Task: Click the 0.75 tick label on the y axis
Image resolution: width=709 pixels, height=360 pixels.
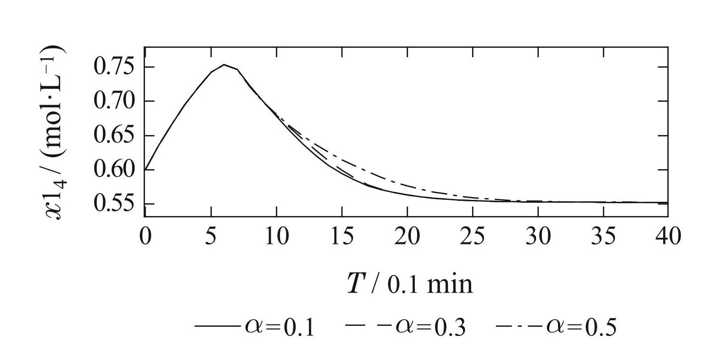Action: click(114, 67)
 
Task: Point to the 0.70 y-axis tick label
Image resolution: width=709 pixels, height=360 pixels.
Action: click(114, 101)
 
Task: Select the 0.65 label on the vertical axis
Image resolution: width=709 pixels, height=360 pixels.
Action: click(114, 135)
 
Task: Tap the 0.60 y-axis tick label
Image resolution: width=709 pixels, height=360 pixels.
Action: click(114, 170)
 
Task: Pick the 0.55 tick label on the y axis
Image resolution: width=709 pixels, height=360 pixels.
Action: click(114, 204)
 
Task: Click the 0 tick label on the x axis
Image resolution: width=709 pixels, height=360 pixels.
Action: click(145, 235)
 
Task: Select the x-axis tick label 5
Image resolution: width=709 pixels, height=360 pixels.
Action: click(210, 235)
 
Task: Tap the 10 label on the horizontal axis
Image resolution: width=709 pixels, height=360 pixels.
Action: click(276, 235)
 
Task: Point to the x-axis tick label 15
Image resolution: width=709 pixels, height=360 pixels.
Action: click(341, 235)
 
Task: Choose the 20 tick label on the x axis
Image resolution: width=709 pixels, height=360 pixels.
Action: click(407, 235)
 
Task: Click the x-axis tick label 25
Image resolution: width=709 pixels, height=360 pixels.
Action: click(472, 235)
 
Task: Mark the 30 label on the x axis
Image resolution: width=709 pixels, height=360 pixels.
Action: click(537, 235)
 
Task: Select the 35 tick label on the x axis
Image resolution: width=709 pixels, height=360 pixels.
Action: click(603, 235)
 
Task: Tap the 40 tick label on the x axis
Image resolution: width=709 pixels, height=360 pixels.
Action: click(667, 235)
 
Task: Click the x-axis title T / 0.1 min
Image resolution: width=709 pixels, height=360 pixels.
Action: click(410, 284)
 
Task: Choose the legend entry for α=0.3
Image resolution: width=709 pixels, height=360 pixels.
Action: click(405, 327)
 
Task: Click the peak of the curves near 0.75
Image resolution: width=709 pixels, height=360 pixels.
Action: click(224, 64)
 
